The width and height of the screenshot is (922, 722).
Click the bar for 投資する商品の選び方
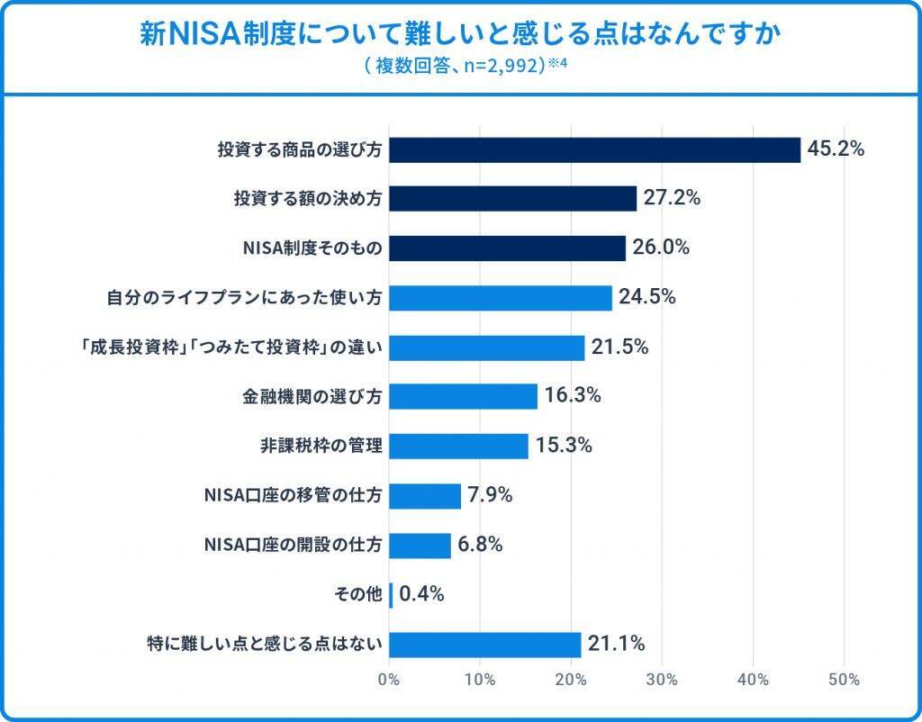point(594,149)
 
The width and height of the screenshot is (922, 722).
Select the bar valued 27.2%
point(512,198)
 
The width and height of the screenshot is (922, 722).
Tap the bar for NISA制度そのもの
point(507,248)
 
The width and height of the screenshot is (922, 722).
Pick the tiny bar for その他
point(391,594)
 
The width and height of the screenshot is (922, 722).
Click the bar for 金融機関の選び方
point(463,396)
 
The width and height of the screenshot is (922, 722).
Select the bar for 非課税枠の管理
point(458,446)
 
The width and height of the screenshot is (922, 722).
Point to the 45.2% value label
point(836,149)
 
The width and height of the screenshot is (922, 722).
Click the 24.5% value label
point(646,297)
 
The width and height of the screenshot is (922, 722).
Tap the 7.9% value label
point(490,495)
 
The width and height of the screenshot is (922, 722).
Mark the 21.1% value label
point(617,644)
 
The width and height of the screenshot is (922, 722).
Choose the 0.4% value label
point(422,594)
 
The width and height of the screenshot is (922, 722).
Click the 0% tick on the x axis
point(389,680)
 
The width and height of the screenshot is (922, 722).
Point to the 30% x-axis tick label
point(662,680)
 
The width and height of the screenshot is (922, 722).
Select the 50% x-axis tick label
point(844,680)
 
